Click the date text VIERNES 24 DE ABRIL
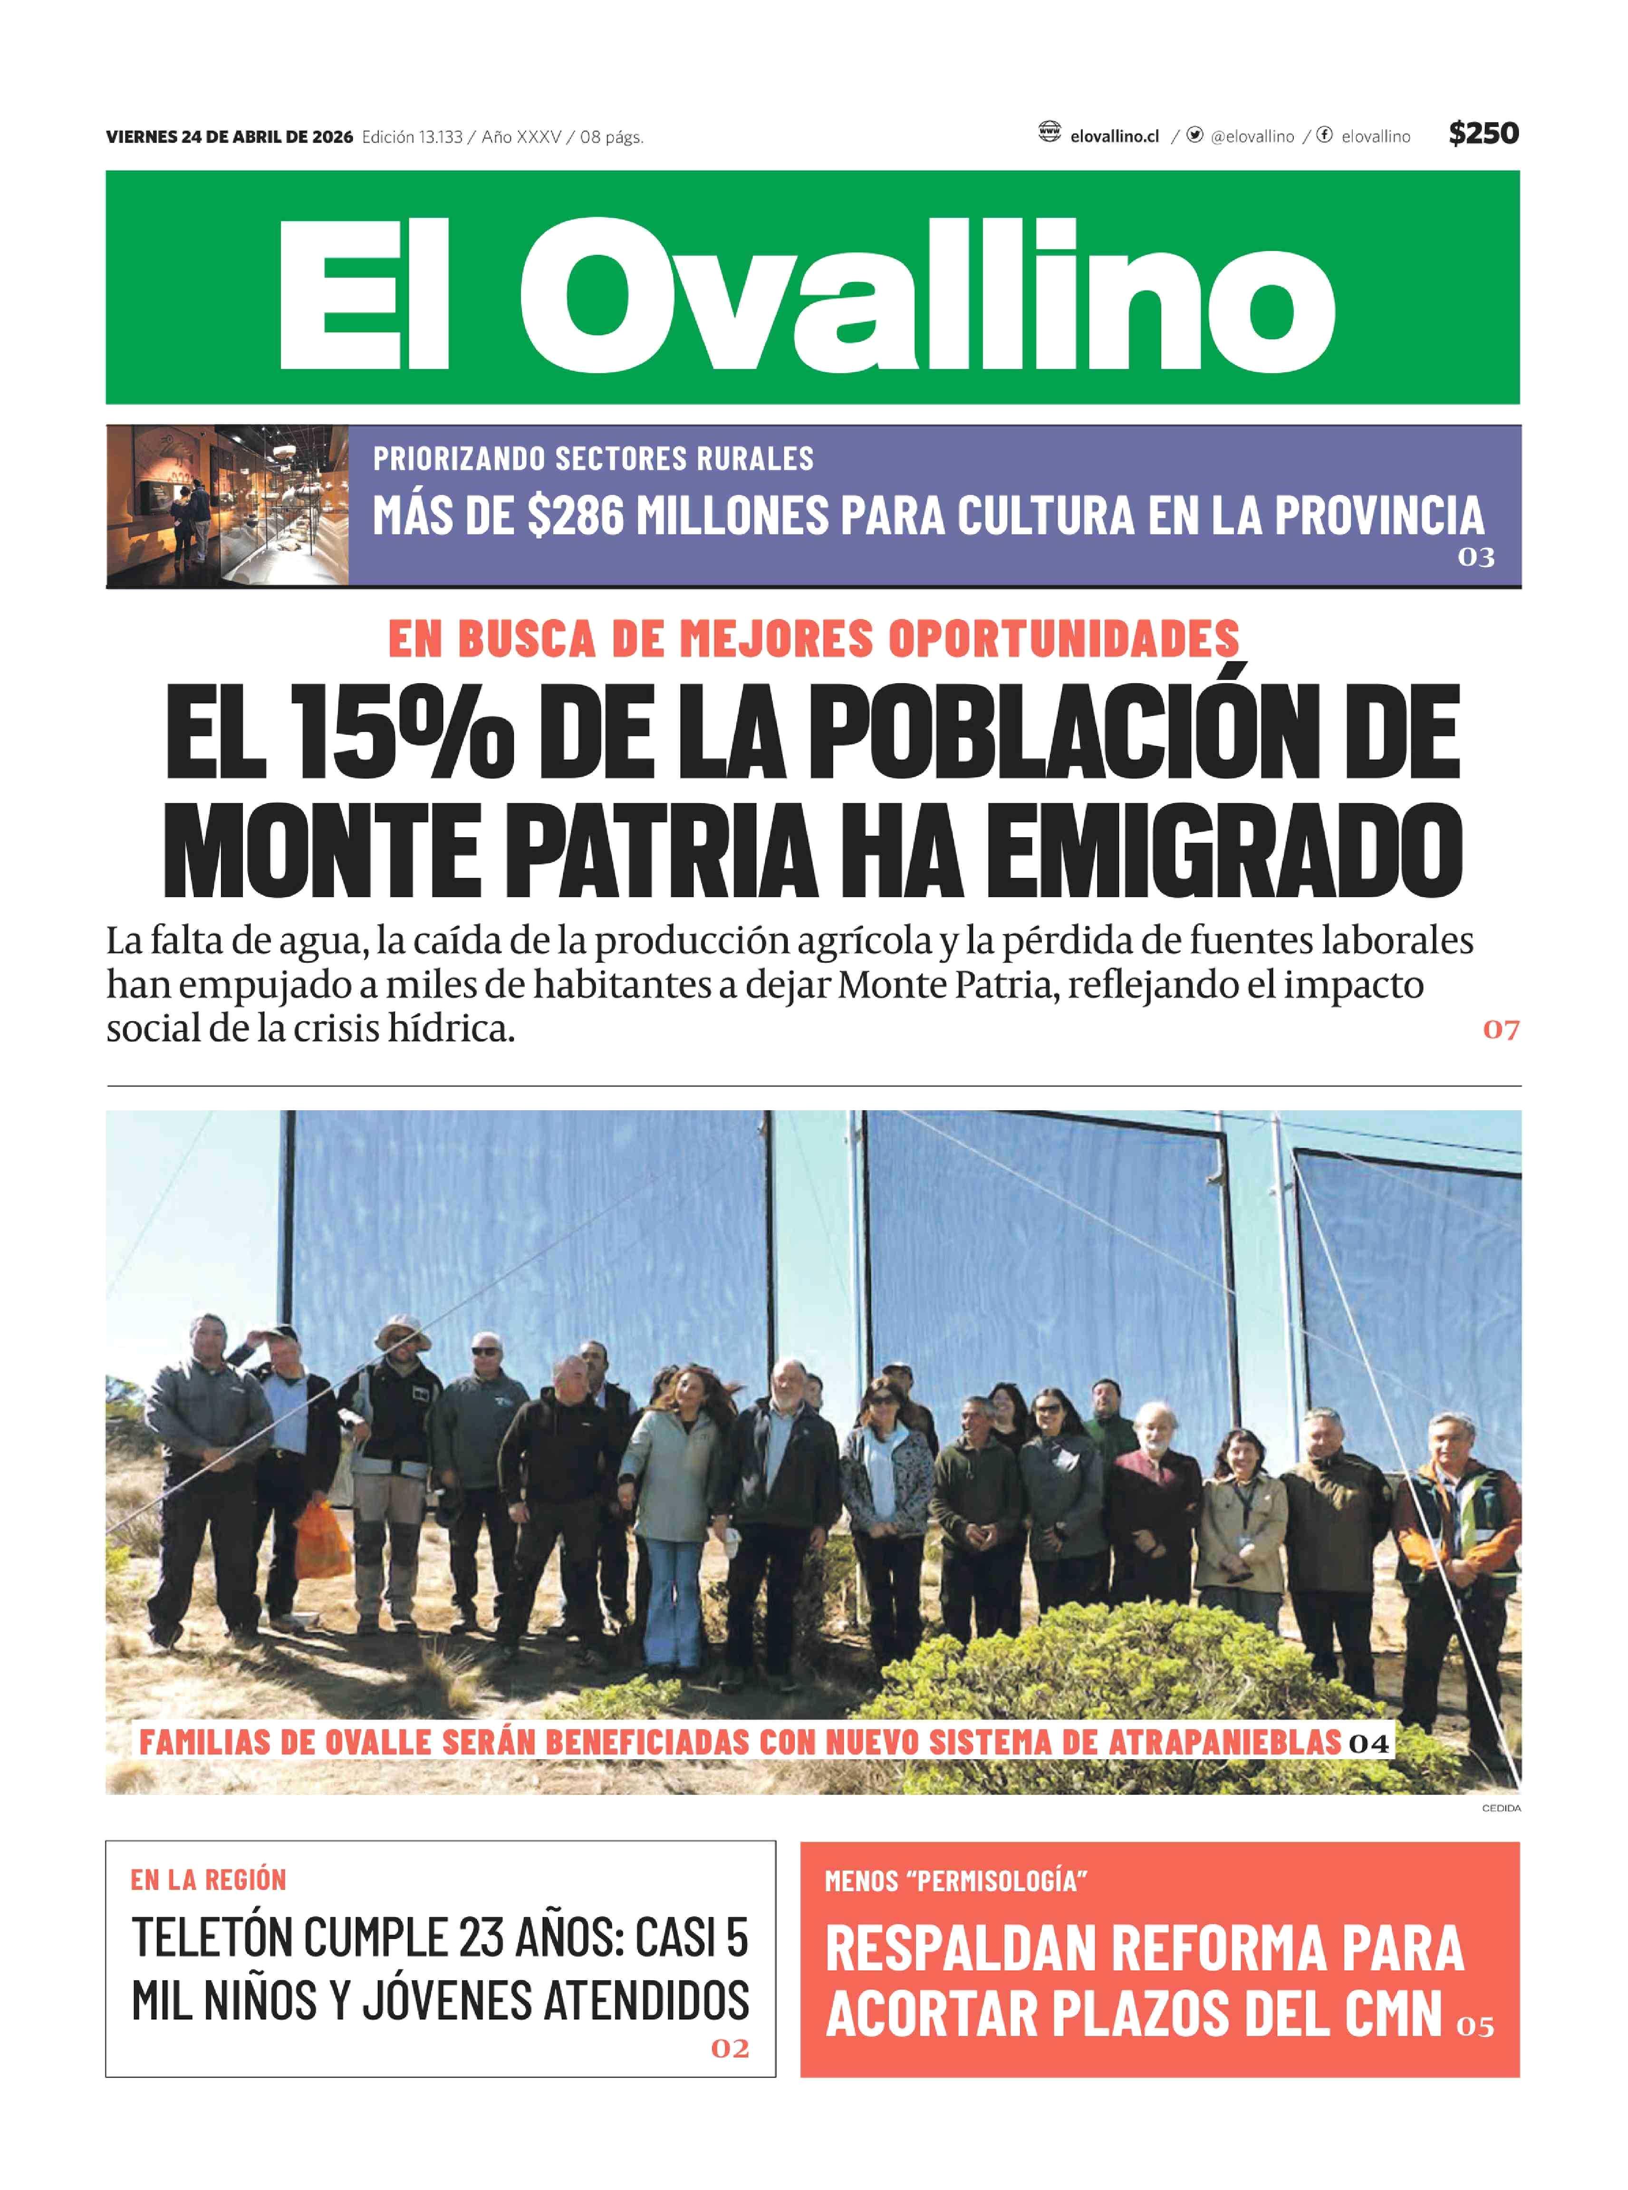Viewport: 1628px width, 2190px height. [229, 137]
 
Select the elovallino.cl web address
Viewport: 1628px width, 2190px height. [1114, 137]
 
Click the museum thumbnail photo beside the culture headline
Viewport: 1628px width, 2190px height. [228, 505]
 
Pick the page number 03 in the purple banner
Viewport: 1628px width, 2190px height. [1475, 558]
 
